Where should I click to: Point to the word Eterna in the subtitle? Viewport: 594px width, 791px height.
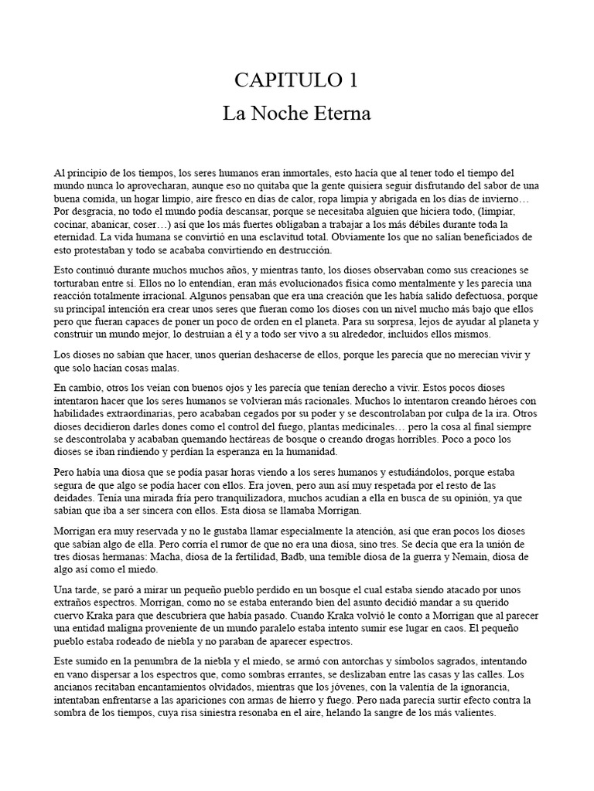tap(342, 114)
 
